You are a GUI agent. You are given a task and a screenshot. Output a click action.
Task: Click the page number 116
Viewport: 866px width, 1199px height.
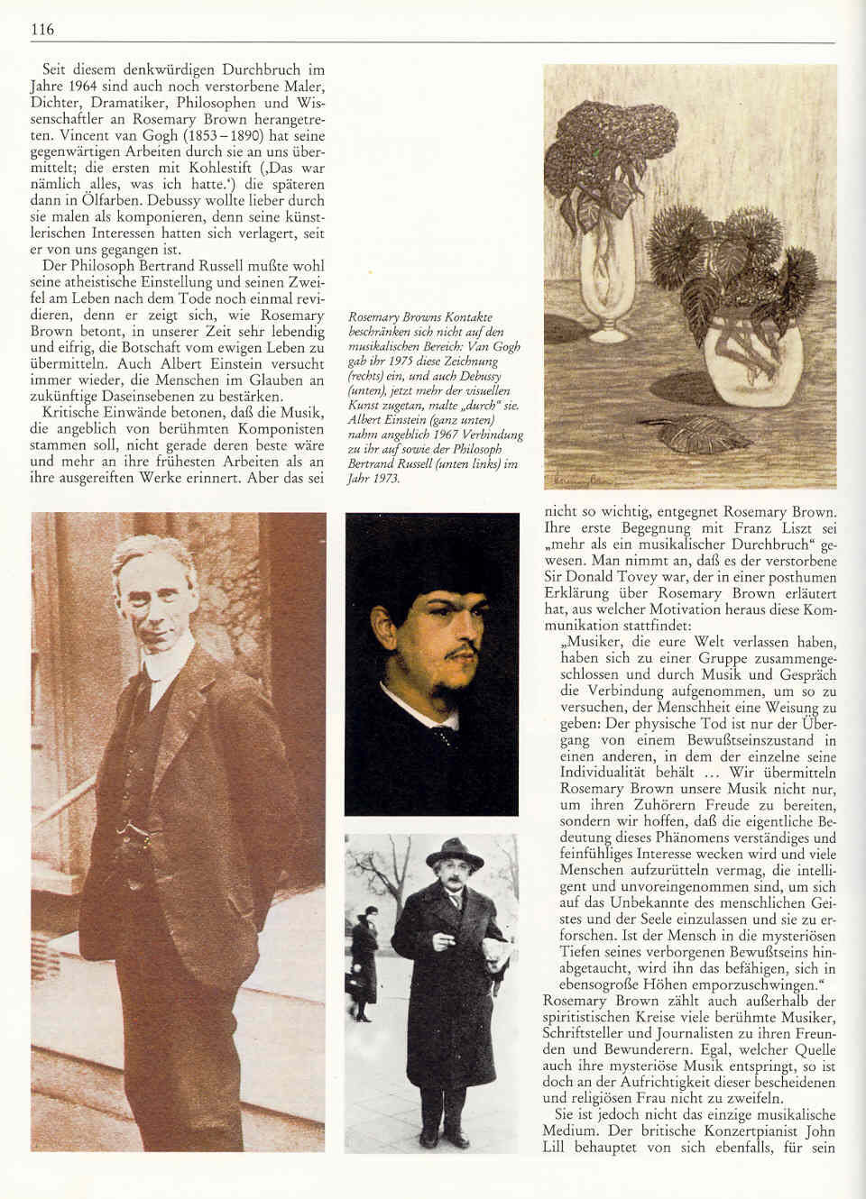tap(42, 30)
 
